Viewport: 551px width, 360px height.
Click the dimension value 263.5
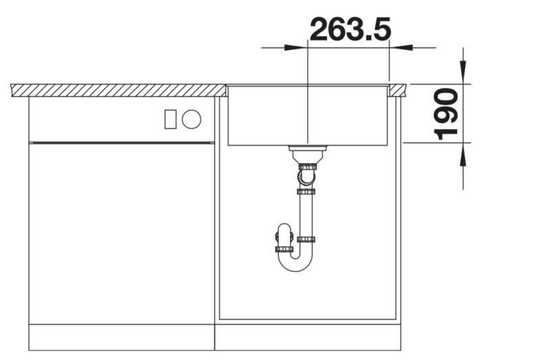pos(350,29)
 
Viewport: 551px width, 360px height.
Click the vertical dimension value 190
pos(448,113)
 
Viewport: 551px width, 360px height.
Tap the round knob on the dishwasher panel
pos(191,119)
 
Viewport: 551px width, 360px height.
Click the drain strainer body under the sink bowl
pos(306,153)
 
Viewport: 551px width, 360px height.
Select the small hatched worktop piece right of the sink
pos(397,90)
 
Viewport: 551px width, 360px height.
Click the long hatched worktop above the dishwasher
pos(117,90)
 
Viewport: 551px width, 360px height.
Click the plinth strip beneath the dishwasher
pos(121,337)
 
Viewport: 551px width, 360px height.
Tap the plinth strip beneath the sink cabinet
pos(307,337)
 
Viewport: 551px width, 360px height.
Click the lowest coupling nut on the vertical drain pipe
pos(306,240)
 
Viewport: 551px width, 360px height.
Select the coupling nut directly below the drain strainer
pos(306,166)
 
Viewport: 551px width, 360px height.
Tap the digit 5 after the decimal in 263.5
pos(379,29)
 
